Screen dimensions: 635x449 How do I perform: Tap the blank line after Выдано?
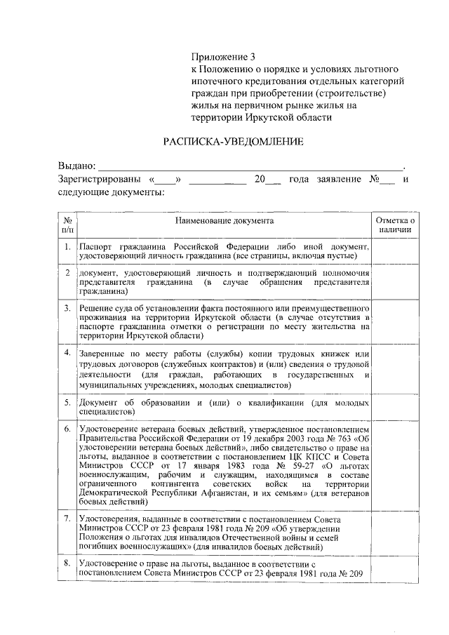coord(250,166)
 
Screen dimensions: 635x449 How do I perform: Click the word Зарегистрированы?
coord(98,179)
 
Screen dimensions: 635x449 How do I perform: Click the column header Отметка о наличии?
coord(395,225)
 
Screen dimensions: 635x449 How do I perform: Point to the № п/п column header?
coord(67,225)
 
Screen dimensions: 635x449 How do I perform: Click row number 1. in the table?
coord(67,248)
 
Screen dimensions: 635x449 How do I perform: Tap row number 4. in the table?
coord(67,352)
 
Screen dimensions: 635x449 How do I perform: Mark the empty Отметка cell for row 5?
coord(395,408)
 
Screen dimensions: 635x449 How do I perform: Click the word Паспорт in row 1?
coord(96,248)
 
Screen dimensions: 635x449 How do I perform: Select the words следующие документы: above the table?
coord(111,192)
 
